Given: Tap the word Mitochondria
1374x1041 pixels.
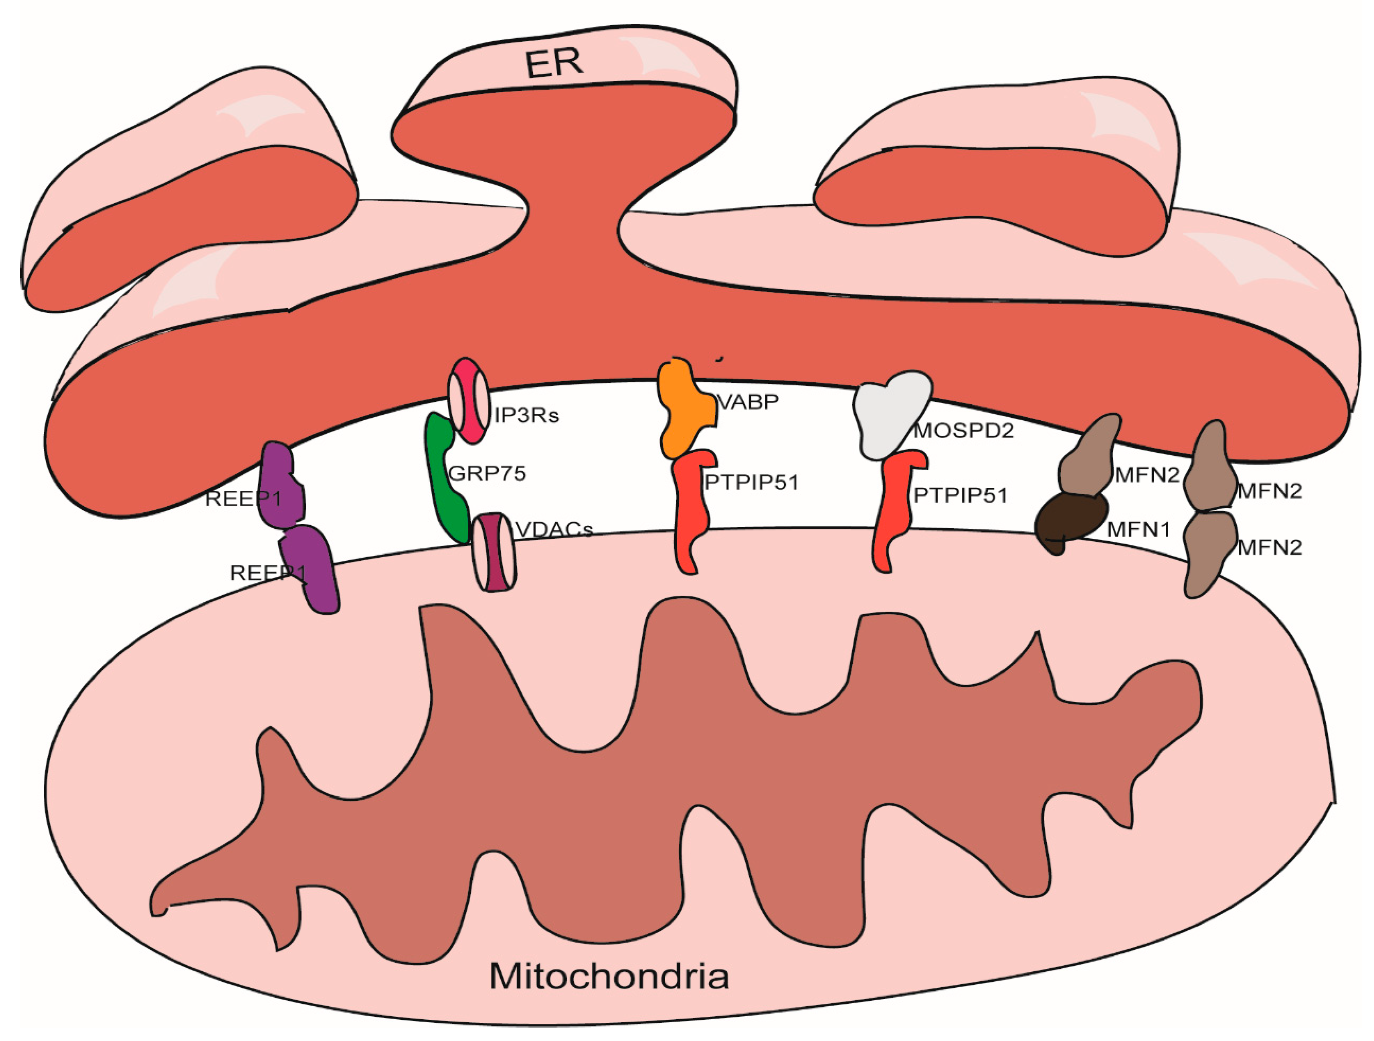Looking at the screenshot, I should (x=609, y=976).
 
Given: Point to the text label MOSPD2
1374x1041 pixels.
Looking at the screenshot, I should (x=963, y=430).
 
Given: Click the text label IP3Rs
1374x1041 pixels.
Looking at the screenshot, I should (x=527, y=415).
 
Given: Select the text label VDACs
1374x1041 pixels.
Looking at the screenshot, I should (x=554, y=530).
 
